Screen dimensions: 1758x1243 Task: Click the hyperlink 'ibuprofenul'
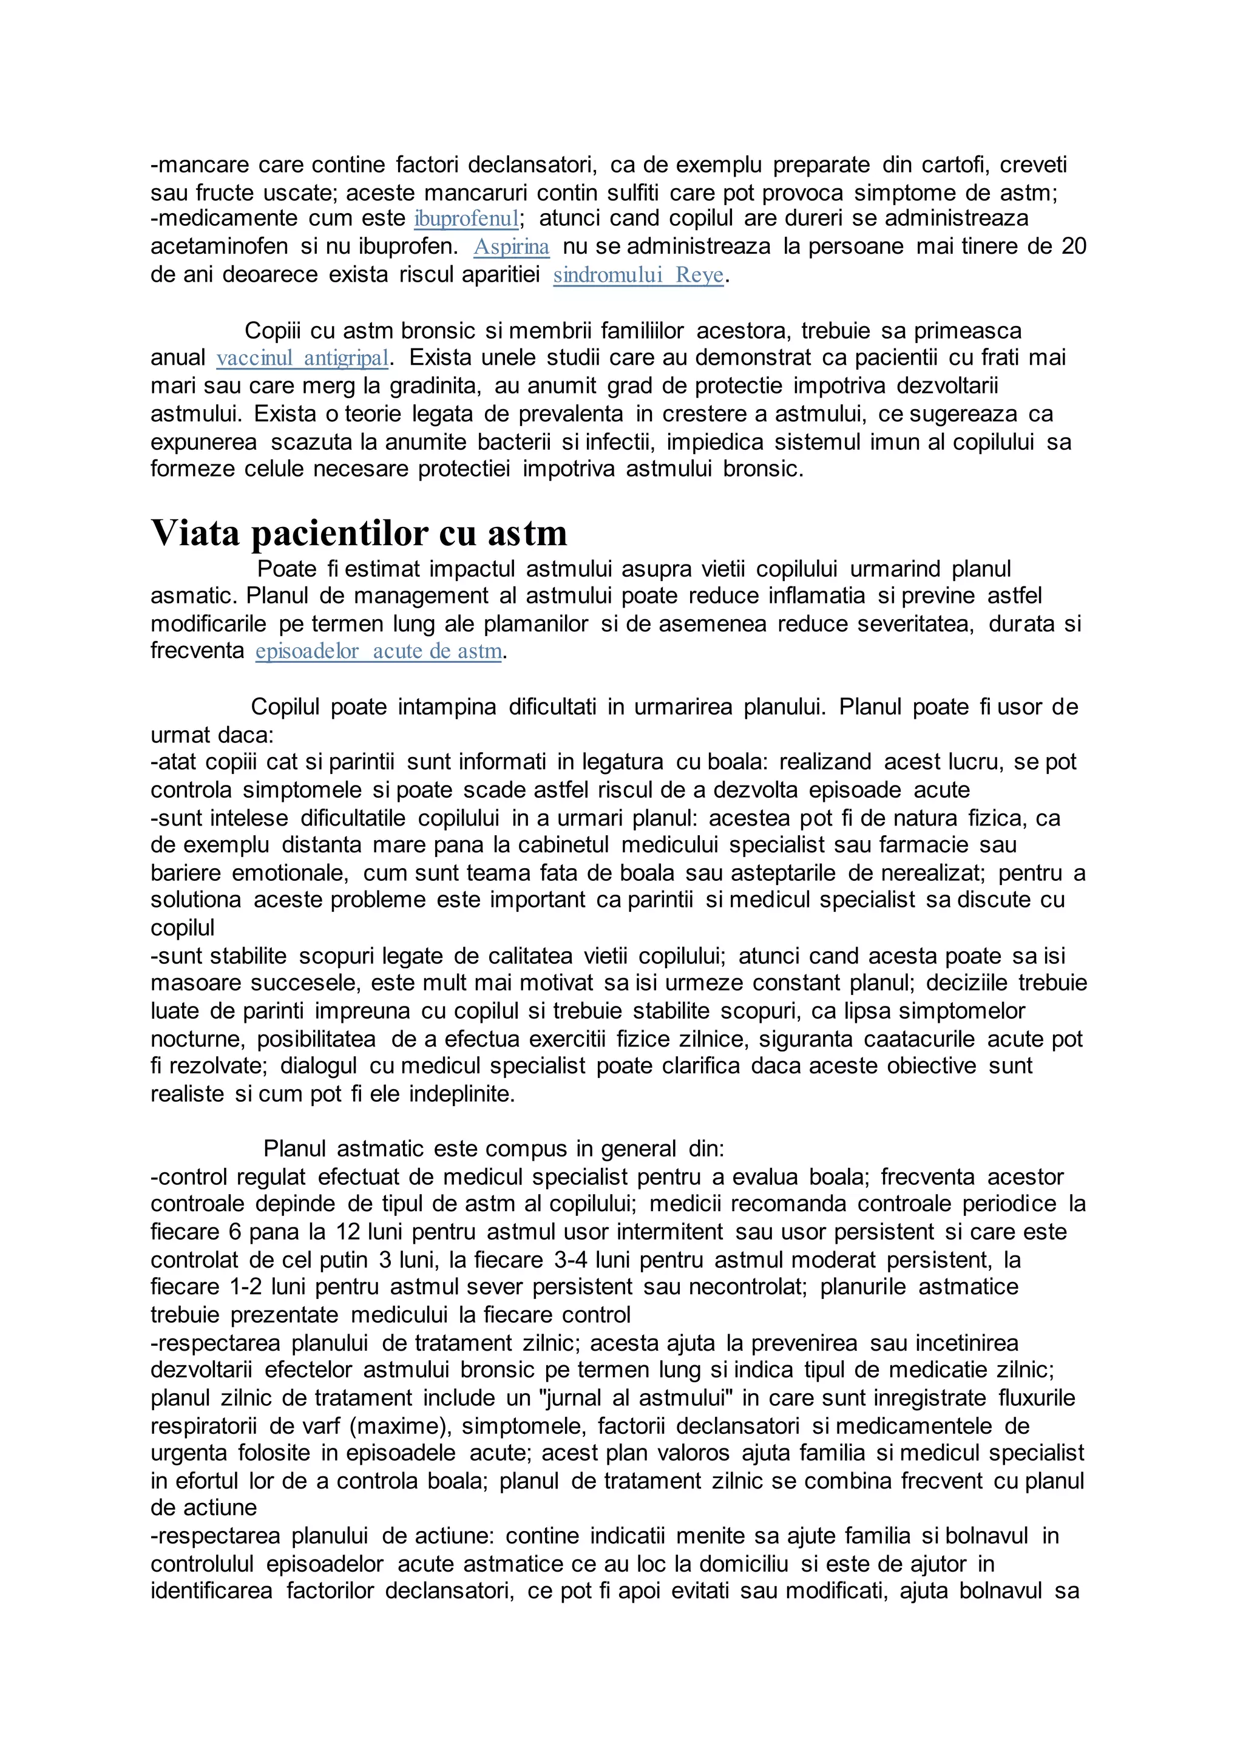point(466,219)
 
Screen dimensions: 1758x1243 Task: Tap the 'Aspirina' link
point(511,247)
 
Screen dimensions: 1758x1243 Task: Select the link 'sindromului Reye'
point(638,275)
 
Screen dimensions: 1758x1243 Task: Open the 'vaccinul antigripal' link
point(302,358)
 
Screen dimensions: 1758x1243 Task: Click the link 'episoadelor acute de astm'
point(379,651)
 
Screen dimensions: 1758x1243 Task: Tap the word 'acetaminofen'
point(219,246)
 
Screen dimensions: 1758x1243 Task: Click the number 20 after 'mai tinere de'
point(1073,246)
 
